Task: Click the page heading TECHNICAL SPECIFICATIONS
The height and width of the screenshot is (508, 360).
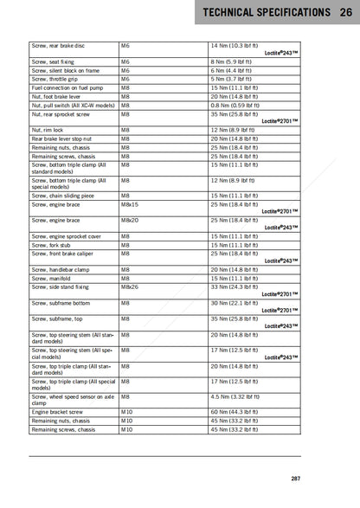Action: click(x=264, y=13)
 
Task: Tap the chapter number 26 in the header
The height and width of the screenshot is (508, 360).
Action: click(x=346, y=13)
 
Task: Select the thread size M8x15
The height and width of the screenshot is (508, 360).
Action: click(x=130, y=204)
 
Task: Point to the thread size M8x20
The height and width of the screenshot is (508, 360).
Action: click(x=130, y=221)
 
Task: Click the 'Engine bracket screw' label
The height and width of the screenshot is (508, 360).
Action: click(x=57, y=412)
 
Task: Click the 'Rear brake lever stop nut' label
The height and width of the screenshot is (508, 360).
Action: click(x=62, y=138)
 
